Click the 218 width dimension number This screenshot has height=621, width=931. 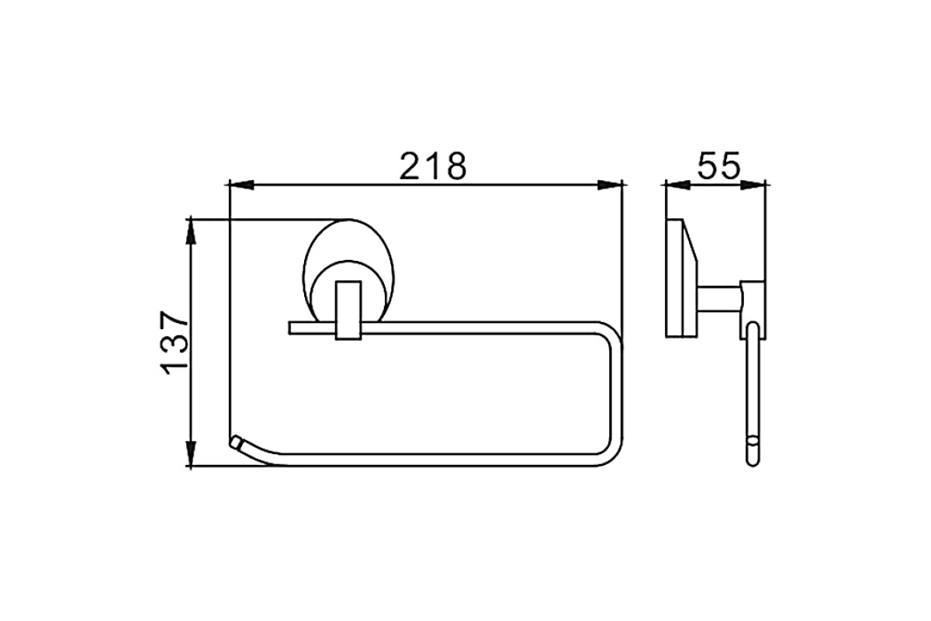[x=433, y=166]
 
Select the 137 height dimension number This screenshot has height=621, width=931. [x=174, y=342]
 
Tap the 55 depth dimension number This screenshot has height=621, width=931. [x=718, y=165]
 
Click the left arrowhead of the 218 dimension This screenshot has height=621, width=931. [x=241, y=185]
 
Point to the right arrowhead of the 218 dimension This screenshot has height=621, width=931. [x=610, y=185]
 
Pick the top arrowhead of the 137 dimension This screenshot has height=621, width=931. [x=190, y=231]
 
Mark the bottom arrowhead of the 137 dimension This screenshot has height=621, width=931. [x=190, y=453]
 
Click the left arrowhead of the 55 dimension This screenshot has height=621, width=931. [x=678, y=185]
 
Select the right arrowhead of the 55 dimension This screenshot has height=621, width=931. [x=753, y=185]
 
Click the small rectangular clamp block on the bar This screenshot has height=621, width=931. [x=348, y=310]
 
